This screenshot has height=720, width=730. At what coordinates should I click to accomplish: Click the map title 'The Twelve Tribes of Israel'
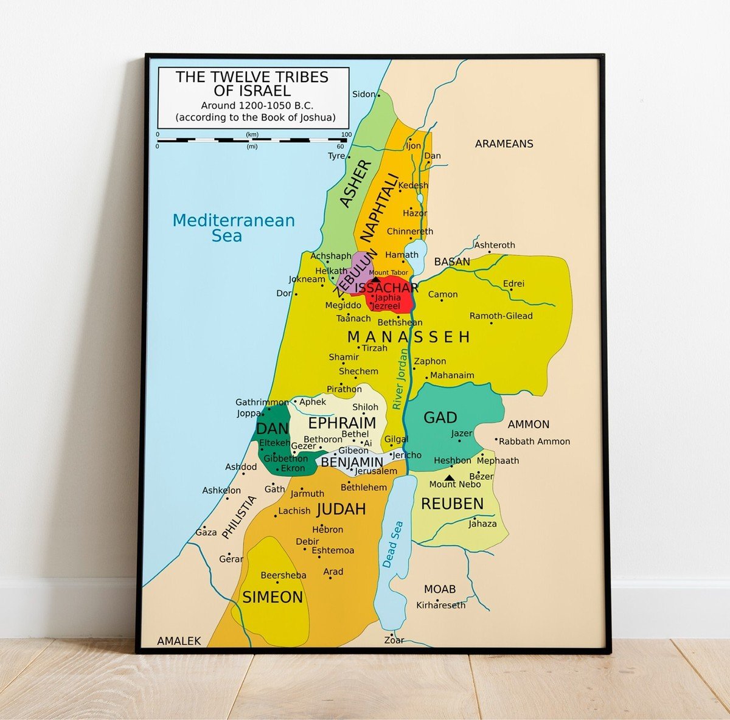tap(252, 85)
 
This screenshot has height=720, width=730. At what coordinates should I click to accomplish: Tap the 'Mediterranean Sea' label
tap(233, 228)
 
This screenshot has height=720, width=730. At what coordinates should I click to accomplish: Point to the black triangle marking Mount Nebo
tap(450, 477)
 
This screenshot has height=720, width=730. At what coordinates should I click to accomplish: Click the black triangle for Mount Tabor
tap(376, 280)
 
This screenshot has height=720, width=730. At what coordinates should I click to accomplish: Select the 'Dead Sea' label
tap(392, 544)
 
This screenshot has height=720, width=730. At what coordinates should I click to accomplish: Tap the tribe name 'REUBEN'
tap(452, 504)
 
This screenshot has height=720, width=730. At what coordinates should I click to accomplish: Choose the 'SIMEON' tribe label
tap(273, 597)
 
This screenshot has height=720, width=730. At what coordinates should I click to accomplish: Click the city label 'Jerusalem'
tap(376, 471)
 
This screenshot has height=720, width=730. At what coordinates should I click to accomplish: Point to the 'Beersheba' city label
tap(283, 575)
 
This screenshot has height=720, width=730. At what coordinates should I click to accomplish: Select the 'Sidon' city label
tap(364, 94)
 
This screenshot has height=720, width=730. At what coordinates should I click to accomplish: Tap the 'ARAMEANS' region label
tap(504, 144)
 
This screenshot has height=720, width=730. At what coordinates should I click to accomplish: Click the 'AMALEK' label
tap(179, 641)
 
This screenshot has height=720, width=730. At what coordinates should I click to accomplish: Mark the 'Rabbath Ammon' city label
tap(534, 441)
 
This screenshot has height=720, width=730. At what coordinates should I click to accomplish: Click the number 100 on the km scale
tap(346, 134)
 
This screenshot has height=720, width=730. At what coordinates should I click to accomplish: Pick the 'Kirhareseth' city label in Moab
tap(440, 605)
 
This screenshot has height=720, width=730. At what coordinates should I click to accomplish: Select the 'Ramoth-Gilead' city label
tap(501, 316)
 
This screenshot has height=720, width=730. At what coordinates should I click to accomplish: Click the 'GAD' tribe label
tap(440, 418)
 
